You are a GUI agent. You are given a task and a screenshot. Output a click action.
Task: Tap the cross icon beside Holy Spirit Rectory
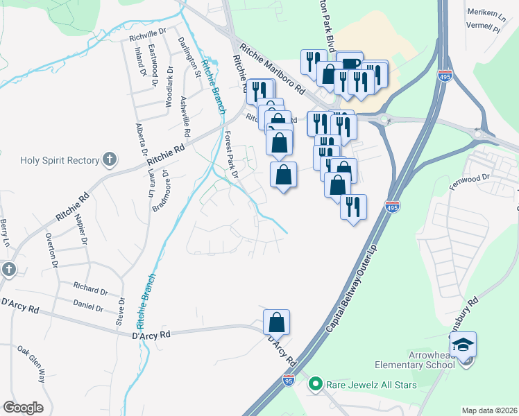coord(108,160)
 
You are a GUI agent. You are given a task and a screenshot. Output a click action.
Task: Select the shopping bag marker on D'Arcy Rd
coord(276,322)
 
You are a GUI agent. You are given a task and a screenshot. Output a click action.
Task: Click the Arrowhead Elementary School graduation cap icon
coord(463,344)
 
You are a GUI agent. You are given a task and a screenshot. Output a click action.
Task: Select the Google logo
coord(23,408)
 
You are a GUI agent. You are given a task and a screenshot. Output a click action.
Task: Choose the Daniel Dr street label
coord(88,306)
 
